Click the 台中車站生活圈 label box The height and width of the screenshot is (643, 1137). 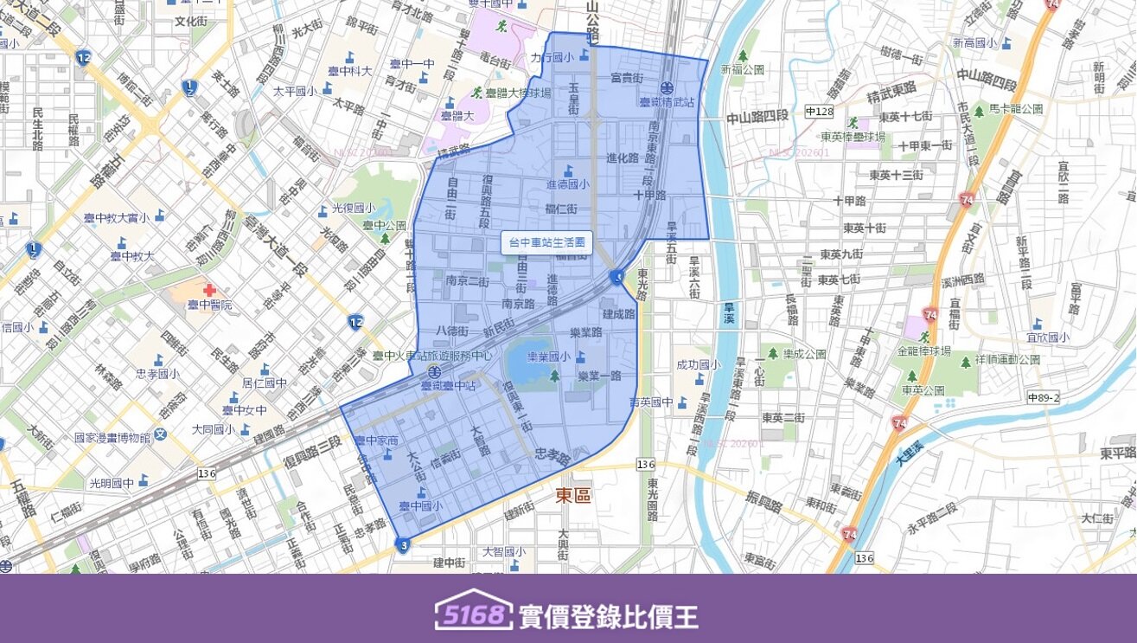[547, 243]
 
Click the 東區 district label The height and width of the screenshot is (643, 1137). [572, 494]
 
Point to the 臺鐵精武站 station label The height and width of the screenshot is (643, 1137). [667, 102]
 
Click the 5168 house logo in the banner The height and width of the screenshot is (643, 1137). [472, 614]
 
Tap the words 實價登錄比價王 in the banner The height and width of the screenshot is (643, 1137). [608, 616]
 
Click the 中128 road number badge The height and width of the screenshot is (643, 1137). [818, 112]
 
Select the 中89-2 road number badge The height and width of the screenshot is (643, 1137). [1044, 396]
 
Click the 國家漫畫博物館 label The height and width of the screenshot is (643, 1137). [112, 438]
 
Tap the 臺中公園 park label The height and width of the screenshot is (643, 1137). [384, 226]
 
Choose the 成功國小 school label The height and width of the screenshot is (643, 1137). [699, 365]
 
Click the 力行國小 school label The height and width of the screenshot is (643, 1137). [553, 58]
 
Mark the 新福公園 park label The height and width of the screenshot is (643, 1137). [748, 69]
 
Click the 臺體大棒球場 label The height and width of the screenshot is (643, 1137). [517, 93]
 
